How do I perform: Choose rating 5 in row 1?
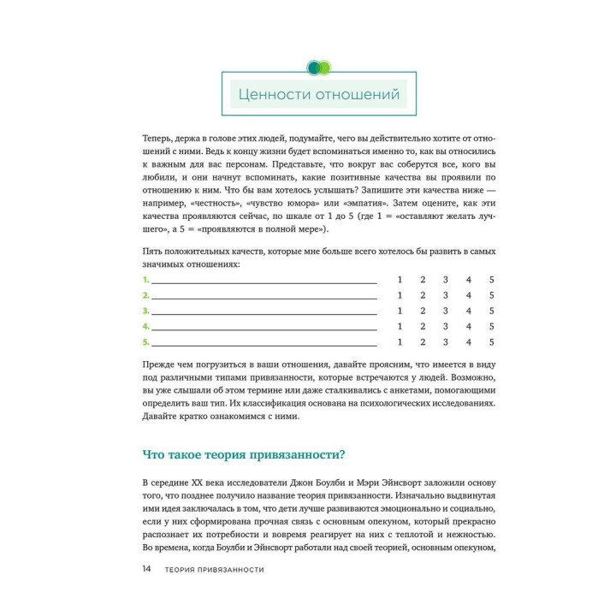(492, 280)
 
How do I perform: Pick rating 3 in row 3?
(446, 311)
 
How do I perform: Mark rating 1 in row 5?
(400, 342)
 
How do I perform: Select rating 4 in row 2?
(469, 295)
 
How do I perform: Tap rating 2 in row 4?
(423, 327)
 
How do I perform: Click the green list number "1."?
(145, 280)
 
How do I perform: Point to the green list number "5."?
(145, 342)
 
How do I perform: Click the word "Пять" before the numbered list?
(154, 250)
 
